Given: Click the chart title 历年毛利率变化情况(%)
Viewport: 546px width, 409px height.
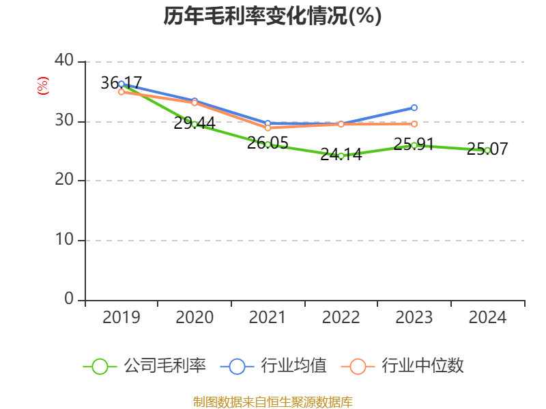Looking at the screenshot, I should pos(272,16).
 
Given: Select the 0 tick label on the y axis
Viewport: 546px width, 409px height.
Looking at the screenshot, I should pos(69,299).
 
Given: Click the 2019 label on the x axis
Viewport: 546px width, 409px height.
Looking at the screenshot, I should pos(121,318).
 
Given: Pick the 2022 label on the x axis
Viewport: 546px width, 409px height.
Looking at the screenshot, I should pos(341,318).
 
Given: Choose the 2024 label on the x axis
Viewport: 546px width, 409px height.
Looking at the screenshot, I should pos(487,318).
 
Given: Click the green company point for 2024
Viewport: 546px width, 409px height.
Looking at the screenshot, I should pos(487,150).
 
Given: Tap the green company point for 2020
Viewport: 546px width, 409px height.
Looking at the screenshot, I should pos(195,124).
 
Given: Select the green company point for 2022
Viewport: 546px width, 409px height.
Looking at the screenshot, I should pos(341,155).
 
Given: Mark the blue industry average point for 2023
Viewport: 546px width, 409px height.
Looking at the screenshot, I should pos(414,108).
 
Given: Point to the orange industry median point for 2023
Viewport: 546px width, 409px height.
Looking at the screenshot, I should pos(414,124).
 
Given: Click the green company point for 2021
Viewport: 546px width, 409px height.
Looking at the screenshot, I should pos(268,145).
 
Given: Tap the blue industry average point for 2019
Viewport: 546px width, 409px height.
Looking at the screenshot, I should pos(121,84).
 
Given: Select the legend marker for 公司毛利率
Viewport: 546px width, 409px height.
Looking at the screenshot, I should pos(100,366).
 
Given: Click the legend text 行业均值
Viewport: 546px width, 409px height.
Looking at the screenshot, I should pos(293,366).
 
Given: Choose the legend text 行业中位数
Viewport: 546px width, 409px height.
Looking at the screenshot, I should pos(422,366).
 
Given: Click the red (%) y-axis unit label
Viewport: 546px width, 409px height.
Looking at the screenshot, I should pos(43,87).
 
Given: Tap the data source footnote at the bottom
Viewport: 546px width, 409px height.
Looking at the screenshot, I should pos(272,402).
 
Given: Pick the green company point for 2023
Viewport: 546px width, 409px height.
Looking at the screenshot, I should pos(414,145).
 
